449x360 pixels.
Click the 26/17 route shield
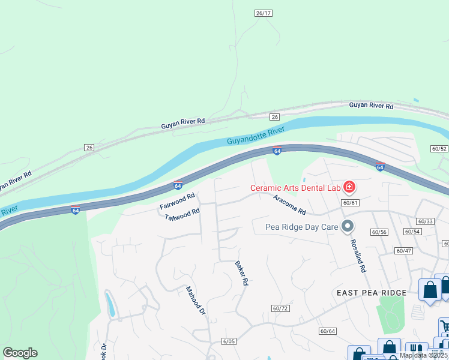[264, 13]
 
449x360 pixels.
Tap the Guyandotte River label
[256, 136]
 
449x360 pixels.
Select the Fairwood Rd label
[178, 201]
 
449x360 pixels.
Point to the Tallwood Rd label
[182, 214]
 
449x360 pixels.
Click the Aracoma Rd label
[289, 205]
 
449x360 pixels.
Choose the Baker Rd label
[241, 272]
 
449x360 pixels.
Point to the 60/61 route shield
[350, 203]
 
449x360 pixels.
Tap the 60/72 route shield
[280, 308]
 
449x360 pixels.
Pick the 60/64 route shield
[328, 331]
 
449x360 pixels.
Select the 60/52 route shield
[439, 148]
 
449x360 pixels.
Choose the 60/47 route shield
[403, 250]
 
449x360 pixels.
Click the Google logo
[20, 353]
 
